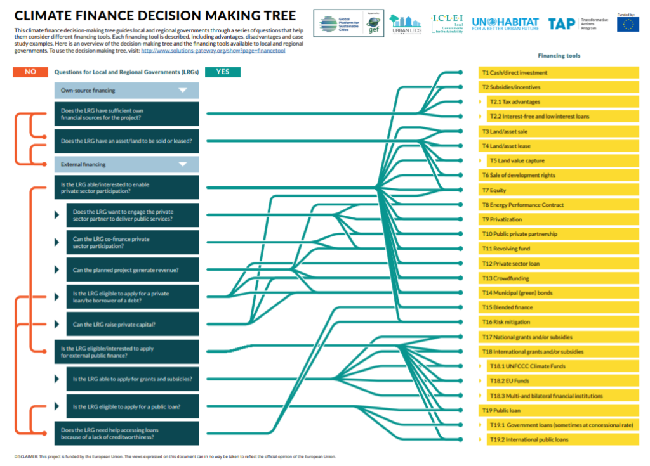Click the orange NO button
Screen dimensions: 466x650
tap(30, 72)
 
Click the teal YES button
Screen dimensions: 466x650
tap(223, 72)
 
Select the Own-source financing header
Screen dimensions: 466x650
tap(127, 91)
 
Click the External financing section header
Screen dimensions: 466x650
tap(127, 164)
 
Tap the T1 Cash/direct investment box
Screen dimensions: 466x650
tap(559, 73)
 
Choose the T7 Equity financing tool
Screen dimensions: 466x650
tap(559, 190)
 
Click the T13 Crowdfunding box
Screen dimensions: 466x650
tap(559, 278)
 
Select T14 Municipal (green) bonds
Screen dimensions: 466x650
tap(559, 293)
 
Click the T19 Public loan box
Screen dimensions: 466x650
tap(559, 410)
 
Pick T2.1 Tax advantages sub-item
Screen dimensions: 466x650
tap(562, 102)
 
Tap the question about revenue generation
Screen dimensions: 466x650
tap(132, 270)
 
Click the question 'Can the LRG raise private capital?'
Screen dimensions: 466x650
tap(132, 325)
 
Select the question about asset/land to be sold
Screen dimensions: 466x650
tap(126, 141)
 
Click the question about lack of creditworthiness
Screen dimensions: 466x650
tap(126, 433)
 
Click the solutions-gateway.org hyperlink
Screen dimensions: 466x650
tap(213, 51)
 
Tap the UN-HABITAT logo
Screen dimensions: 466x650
tap(505, 24)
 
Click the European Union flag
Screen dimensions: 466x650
tap(628, 25)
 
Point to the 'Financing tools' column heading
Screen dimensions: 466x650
tap(559, 56)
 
